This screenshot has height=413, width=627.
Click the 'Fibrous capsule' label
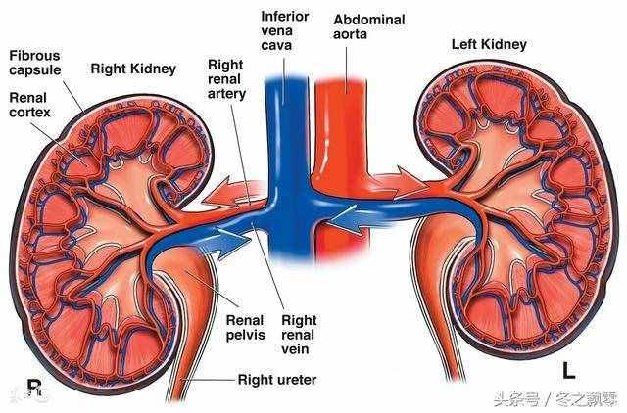pos(35,63)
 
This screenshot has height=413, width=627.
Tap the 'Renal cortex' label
pos(29,105)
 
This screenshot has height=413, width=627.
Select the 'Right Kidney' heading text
pos(133,69)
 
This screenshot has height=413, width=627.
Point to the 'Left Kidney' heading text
pos(489,44)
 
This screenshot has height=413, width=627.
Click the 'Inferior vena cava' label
pos(285,30)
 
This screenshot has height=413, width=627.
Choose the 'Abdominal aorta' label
pos(369,26)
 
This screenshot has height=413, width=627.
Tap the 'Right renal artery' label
pos(226,79)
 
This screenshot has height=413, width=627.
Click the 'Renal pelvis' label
pos(246,327)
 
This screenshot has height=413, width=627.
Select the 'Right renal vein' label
pos(299,335)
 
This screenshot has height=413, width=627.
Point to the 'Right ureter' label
pos(277,379)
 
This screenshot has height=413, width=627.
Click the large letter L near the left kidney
pos(568,370)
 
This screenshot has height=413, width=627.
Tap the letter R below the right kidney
pos(34,388)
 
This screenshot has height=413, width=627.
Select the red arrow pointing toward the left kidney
pos(400,182)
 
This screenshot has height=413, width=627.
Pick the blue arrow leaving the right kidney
pos(225,242)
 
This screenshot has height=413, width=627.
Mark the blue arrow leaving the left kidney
pos(357,219)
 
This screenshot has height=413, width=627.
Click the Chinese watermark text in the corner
pos(556,399)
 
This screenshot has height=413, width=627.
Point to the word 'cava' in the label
pos(276,45)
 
